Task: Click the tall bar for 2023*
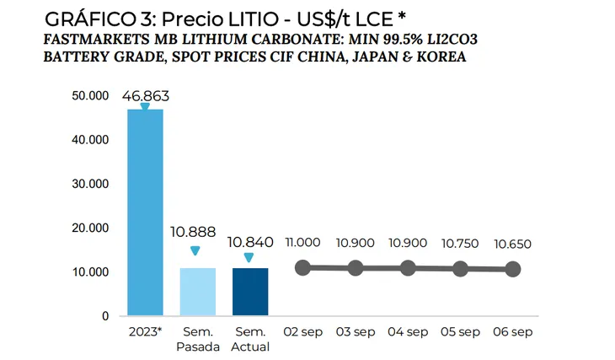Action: coord(144,212)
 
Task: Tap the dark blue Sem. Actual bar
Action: coord(249,292)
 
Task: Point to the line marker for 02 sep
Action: coord(302,267)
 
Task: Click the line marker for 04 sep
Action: coord(408,268)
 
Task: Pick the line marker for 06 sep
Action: coord(512,269)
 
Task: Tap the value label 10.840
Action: coord(249,242)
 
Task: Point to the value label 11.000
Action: coord(302,243)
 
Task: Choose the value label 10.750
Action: coord(460,243)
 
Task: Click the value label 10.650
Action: coord(512,243)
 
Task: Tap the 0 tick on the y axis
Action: coord(105,316)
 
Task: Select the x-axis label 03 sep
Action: coord(356,332)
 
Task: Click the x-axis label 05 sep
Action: coord(460,332)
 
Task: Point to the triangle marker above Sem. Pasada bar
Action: coord(195,250)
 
